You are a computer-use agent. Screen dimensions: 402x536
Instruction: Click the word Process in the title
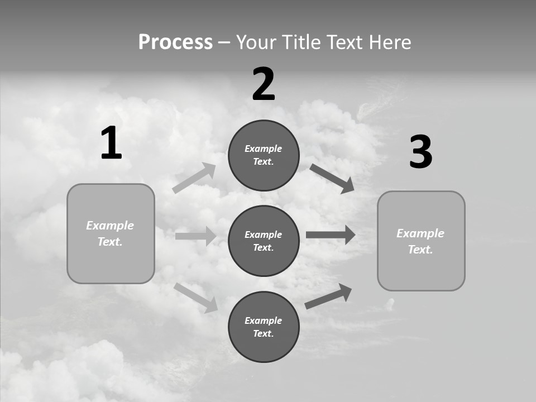pyautogui.click(x=175, y=42)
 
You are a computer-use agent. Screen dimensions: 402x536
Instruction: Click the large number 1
pyautogui.click(x=111, y=143)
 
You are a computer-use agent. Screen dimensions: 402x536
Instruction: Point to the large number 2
pyautogui.click(x=264, y=84)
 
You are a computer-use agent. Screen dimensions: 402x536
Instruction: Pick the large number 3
pyautogui.click(x=420, y=152)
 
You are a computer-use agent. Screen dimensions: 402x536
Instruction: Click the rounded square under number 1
pyautogui.click(x=111, y=233)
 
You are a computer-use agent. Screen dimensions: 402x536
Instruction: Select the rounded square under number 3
pyautogui.click(x=421, y=241)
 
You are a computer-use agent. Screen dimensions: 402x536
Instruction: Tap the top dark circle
pyautogui.click(x=264, y=155)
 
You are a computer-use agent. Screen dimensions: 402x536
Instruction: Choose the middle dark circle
pyautogui.click(x=264, y=241)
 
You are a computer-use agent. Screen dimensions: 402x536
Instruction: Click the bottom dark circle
pyautogui.click(x=264, y=327)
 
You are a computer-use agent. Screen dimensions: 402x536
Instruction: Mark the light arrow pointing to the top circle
pyautogui.click(x=194, y=178)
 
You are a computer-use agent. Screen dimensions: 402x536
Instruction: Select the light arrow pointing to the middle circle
pyautogui.click(x=195, y=236)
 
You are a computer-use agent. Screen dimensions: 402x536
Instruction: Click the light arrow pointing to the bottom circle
pyautogui.click(x=196, y=297)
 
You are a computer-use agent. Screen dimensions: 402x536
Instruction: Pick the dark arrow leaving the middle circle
pyautogui.click(x=331, y=234)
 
